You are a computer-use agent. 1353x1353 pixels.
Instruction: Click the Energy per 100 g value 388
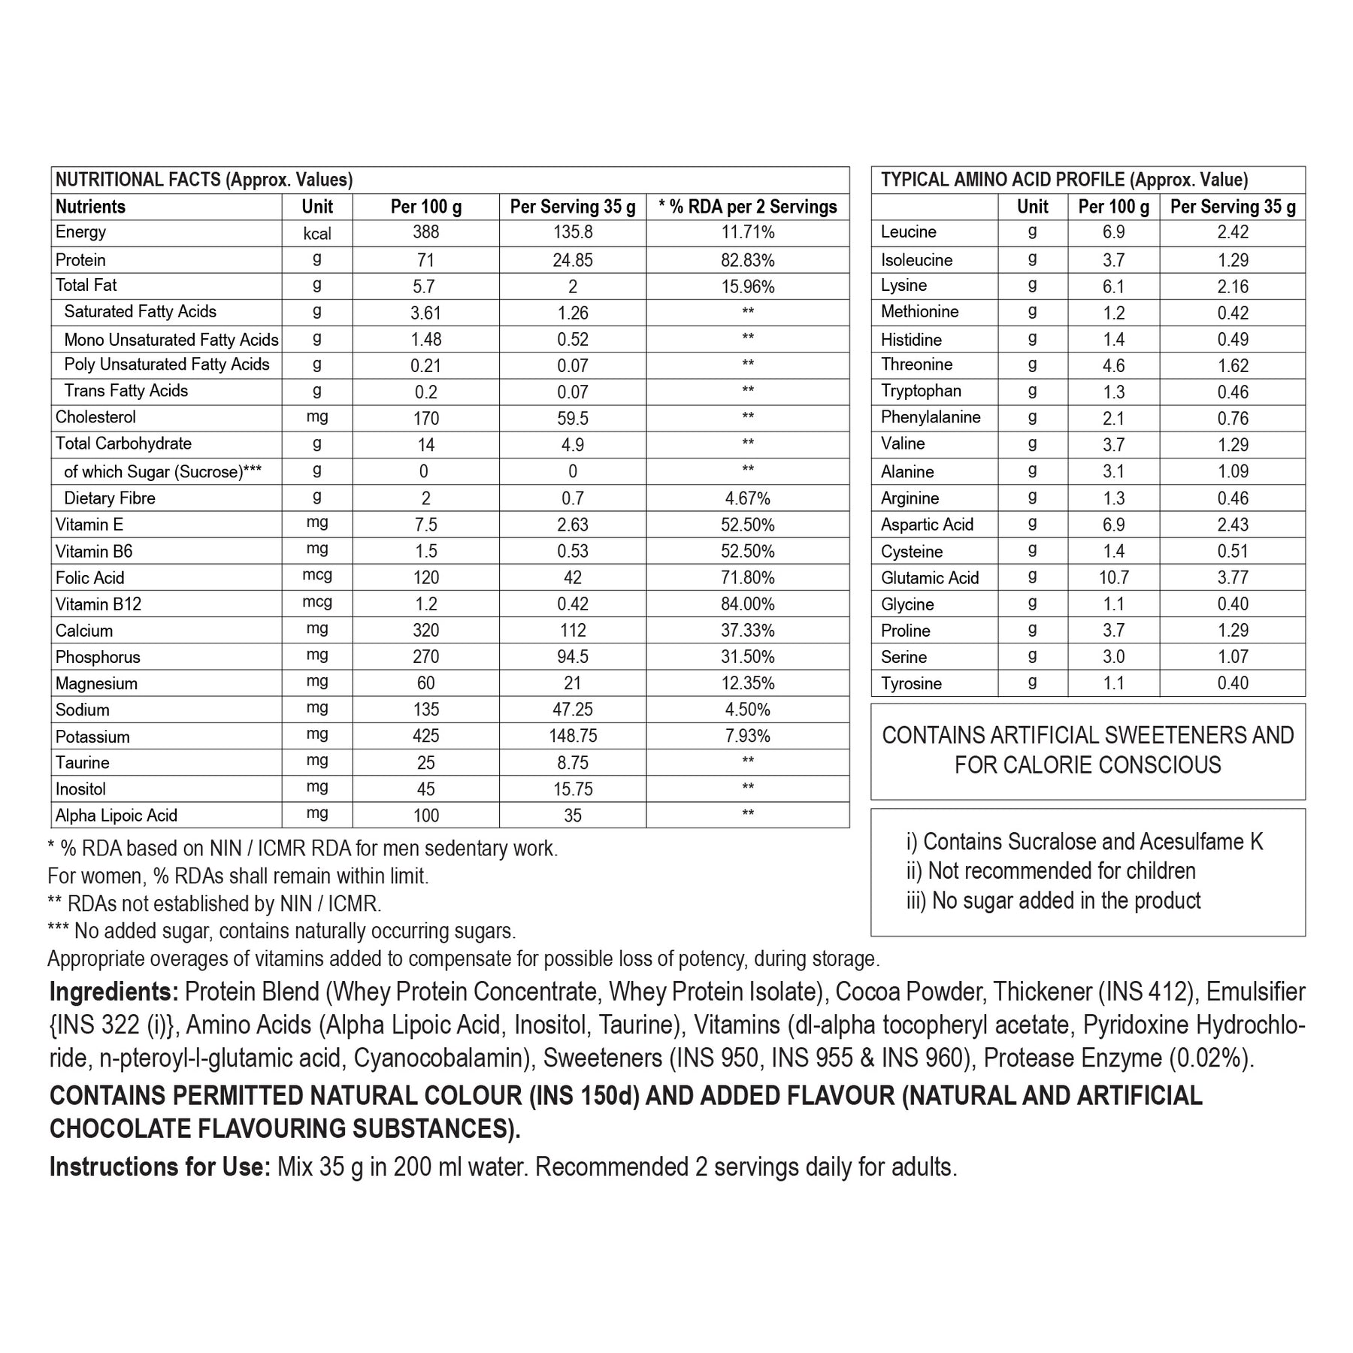425,233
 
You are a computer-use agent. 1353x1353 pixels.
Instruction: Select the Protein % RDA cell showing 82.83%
747,260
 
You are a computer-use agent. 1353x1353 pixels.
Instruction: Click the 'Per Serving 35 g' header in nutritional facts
572,207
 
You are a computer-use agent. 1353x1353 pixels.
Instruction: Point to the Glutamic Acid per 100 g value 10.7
1113,577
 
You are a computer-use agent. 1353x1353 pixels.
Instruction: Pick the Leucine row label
908,232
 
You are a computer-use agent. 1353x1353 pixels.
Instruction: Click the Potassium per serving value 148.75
572,736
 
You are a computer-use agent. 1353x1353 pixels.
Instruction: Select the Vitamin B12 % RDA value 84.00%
747,604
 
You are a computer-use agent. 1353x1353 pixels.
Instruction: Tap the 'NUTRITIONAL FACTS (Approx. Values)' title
204,180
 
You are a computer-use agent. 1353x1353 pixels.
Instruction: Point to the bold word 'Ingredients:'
114,992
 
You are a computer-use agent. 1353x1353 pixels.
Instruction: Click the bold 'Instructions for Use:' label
159,1167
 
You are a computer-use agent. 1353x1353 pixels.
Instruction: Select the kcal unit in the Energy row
316,234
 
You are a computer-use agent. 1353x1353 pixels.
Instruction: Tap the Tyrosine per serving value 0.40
1233,683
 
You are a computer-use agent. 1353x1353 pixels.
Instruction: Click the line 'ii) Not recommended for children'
1050,871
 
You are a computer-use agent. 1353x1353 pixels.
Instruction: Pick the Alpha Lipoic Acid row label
116,816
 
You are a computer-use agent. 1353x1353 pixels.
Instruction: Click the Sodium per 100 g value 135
425,710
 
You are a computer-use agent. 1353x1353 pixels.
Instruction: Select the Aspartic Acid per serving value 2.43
1233,525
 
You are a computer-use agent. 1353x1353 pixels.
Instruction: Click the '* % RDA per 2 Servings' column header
747,207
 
